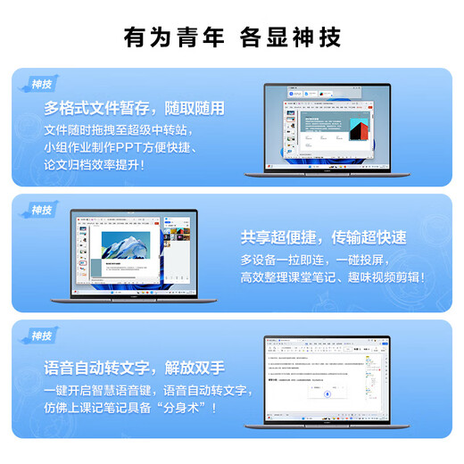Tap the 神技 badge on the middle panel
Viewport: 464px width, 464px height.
(42, 210)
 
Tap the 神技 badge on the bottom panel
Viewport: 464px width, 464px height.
(42, 336)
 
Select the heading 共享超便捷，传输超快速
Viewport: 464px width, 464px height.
(323, 237)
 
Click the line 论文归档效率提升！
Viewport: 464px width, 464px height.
(93, 165)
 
